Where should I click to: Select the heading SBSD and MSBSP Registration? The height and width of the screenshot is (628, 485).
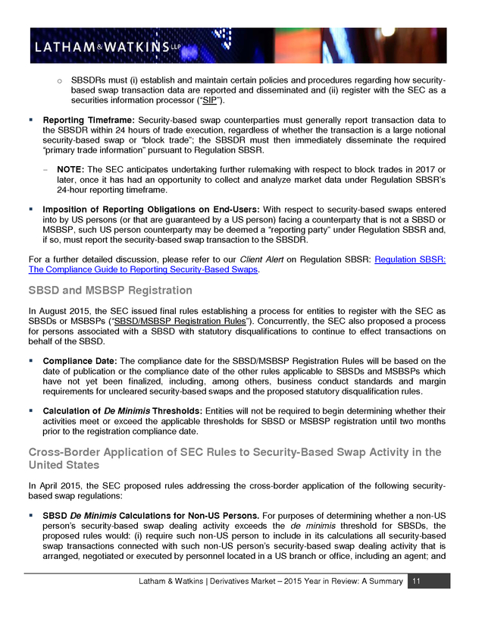[110, 290]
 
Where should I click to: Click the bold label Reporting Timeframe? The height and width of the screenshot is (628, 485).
[89, 121]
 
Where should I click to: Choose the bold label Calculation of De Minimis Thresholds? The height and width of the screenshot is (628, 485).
[123, 410]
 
